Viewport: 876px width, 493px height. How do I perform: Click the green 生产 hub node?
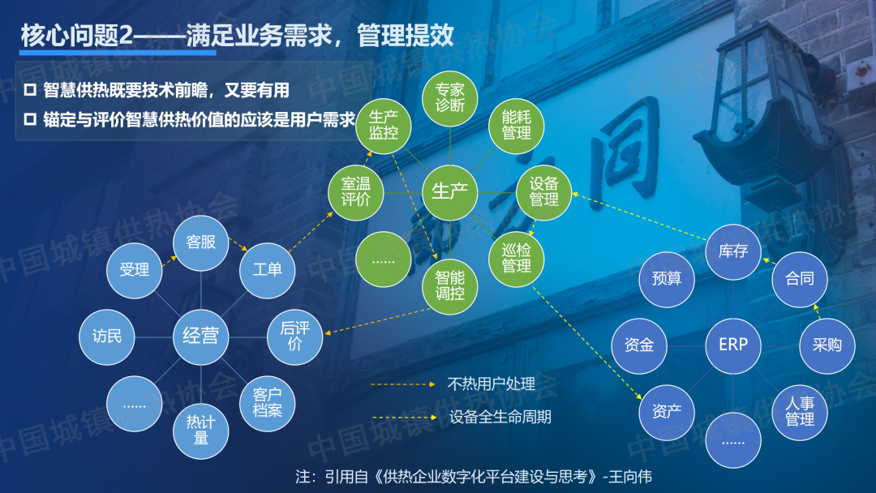pyautogui.click(x=449, y=193)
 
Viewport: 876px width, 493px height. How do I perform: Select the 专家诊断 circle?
pyautogui.click(x=449, y=98)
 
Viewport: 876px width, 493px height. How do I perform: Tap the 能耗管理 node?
pyautogui.click(x=516, y=126)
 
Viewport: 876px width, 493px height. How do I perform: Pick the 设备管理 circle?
pyautogui.click(x=543, y=193)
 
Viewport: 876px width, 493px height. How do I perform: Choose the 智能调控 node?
pyautogui.click(x=449, y=286)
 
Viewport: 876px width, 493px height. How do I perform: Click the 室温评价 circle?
pyautogui.click(x=356, y=193)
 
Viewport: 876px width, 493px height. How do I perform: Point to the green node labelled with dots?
pyautogui.click(x=383, y=259)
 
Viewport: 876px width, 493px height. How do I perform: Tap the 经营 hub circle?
pyautogui.click(x=200, y=337)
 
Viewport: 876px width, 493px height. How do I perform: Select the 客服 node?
pyautogui.click(x=200, y=243)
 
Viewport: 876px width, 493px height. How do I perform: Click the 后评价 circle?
pyautogui.click(x=294, y=337)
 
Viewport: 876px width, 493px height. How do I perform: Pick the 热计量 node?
pyautogui.click(x=200, y=431)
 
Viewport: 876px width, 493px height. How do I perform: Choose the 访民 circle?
pyautogui.click(x=107, y=337)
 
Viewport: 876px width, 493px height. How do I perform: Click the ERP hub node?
pyautogui.click(x=733, y=345)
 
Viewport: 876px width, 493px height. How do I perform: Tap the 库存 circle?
pyautogui.click(x=733, y=252)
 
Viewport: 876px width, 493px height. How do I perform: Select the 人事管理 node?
pyautogui.click(x=800, y=412)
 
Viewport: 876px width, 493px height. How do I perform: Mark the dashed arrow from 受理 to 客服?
pyautogui.click(x=170, y=261)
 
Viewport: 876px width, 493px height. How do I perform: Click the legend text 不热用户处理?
pyautogui.click(x=491, y=384)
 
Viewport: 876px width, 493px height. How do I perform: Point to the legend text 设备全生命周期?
pyautogui.click(x=500, y=417)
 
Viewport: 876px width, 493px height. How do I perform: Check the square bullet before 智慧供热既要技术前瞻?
pyautogui.click(x=30, y=90)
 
